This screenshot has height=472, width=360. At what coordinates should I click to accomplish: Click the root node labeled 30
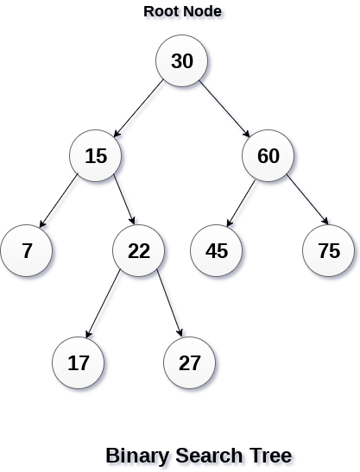coord(182,61)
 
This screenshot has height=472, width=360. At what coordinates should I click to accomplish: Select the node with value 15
coord(96,156)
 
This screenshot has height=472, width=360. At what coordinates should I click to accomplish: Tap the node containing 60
coord(268,156)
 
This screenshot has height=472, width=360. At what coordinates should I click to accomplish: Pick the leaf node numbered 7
coord(27,251)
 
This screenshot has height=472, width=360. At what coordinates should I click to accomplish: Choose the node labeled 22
coord(139,251)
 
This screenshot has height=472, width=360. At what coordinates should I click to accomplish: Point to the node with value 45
coord(217,251)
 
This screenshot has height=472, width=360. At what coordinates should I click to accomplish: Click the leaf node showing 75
coord(329,251)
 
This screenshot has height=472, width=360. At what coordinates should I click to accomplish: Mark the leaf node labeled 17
coord(79,363)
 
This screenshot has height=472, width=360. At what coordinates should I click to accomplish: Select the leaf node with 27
coord(191,363)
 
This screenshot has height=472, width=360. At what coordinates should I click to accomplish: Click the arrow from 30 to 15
coord(138,109)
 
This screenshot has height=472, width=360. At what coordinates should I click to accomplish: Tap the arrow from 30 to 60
coord(225,109)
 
